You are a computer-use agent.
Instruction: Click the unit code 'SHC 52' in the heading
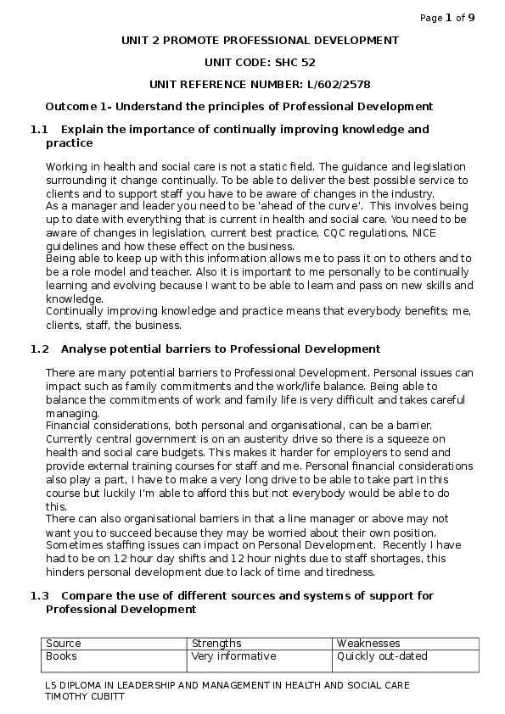(295, 62)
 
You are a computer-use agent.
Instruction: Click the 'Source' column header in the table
(64, 644)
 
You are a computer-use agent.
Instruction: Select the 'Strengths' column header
(216, 644)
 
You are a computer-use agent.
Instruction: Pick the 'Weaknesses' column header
(368, 644)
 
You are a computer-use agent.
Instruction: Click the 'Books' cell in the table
(61, 655)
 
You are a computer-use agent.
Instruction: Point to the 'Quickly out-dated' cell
(382, 655)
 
